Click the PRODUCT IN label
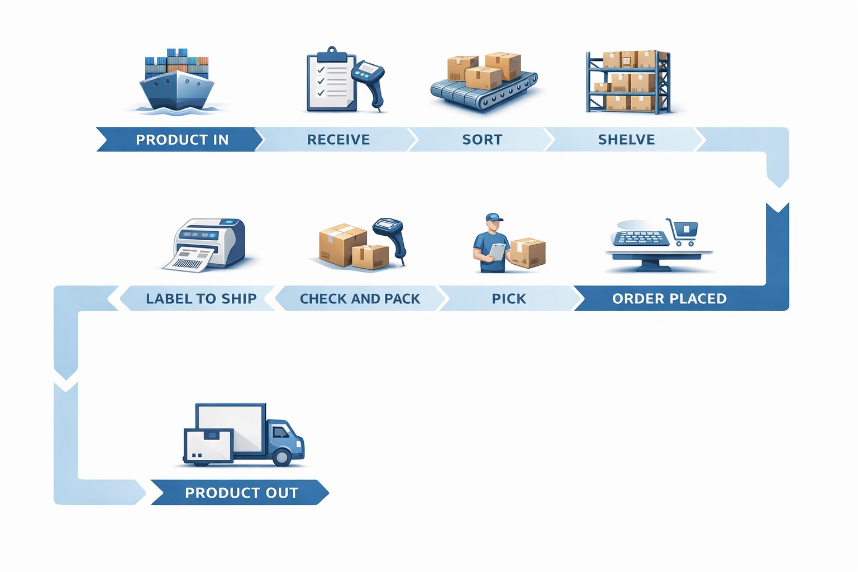click(182, 140)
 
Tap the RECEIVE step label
click(338, 140)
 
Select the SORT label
click(482, 140)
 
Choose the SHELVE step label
click(626, 140)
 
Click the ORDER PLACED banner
click(669, 299)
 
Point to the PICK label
click(508, 299)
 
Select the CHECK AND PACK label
click(360, 299)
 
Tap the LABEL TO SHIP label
click(201, 299)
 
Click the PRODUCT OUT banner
click(241, 493)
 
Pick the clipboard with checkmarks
click(331, 81)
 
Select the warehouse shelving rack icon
click(628, 82)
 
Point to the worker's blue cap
click(494, 217)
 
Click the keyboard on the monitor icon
click(641, 239)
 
